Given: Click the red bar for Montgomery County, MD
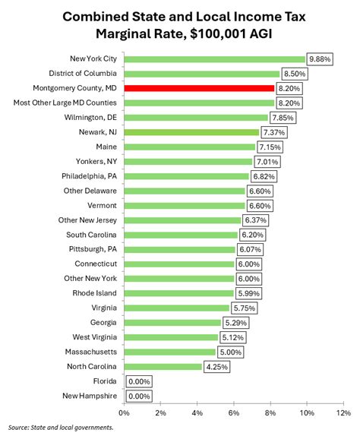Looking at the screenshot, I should tap(198, 88).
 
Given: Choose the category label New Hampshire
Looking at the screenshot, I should tap(90, 396).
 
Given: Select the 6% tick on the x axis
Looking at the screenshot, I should tap(233, 412).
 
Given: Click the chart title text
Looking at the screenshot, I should tap(180, 26).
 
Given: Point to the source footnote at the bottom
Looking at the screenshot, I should tap(62, 428).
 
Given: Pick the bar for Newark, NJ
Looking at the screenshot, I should tap(191, 132).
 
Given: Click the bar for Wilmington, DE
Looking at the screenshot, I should tap(195, 118).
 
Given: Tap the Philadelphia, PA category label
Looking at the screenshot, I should tap(86, 176).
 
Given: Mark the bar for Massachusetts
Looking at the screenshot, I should tap(169, 352).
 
